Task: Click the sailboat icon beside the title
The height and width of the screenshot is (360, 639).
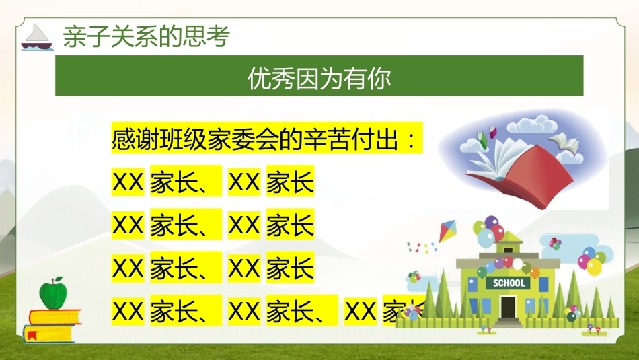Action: coord(37,38)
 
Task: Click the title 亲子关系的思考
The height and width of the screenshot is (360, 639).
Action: coord(147,36)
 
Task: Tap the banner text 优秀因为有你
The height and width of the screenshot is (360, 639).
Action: coord(319,78)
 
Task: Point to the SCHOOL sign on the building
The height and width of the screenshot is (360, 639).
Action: coord(509,283)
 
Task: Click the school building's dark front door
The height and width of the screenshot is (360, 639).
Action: coord(509,307)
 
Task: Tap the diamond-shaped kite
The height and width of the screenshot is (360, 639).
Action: coord(447,231)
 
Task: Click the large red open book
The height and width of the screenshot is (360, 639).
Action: coord(526,176)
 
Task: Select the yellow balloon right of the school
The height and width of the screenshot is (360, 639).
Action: coord(594,266)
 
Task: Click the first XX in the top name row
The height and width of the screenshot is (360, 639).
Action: coord(128,182)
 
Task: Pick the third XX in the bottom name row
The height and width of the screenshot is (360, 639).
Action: coord(361,311)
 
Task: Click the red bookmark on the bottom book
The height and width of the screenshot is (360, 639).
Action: coord(31,336)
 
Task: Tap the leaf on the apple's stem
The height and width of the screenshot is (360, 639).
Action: coord(59,279)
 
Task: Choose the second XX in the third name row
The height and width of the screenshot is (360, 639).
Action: coord(244,268)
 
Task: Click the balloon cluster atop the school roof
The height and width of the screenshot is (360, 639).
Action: coord(488,231)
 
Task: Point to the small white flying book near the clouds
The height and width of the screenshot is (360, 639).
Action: coord(564,142)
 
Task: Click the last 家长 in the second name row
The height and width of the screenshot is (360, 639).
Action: coord(290,225)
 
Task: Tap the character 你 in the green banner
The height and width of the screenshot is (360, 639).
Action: coord(379,78)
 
